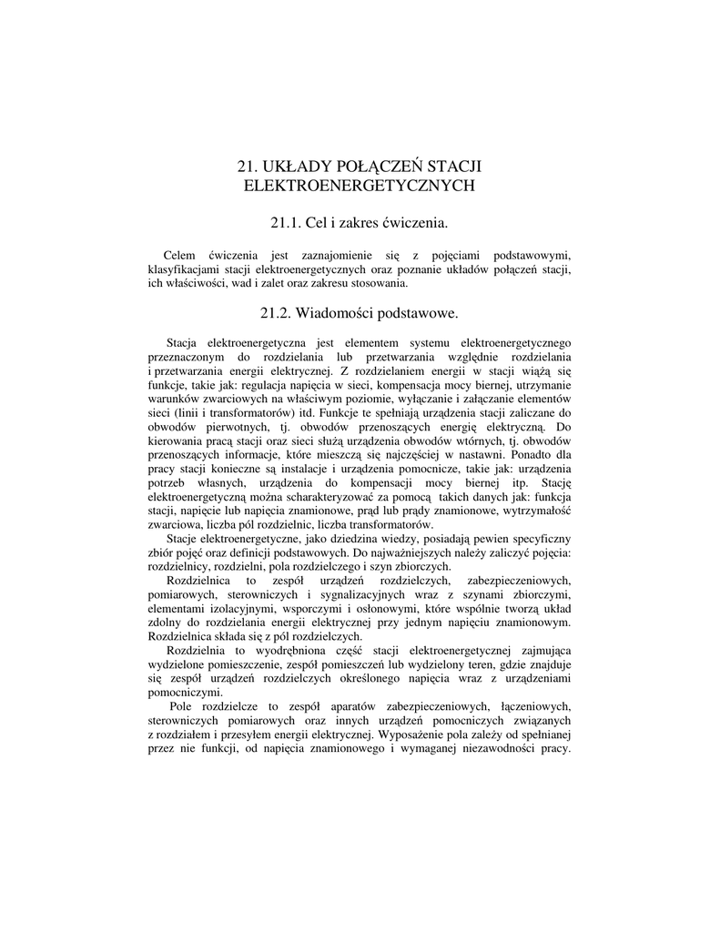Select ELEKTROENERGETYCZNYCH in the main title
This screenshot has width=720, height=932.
click(x=360, y=186)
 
